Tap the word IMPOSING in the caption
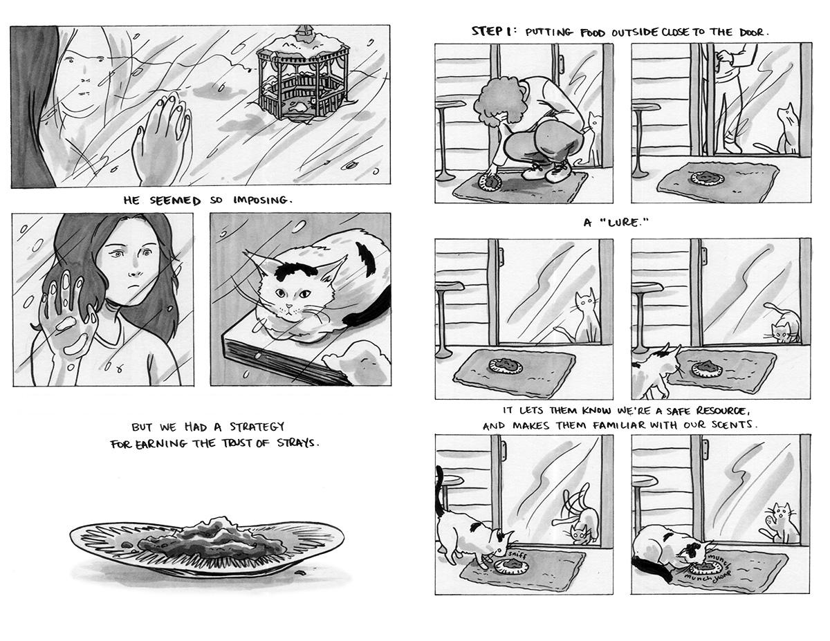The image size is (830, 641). point(262,200)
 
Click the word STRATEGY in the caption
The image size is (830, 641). point(257,426)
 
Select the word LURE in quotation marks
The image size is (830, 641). point(623,222)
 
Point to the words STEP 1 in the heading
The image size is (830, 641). point(492,31)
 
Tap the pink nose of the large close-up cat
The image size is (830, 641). point(289,306)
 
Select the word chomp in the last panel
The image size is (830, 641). point(722,574)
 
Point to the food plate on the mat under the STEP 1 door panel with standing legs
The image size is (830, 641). point(708,178)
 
